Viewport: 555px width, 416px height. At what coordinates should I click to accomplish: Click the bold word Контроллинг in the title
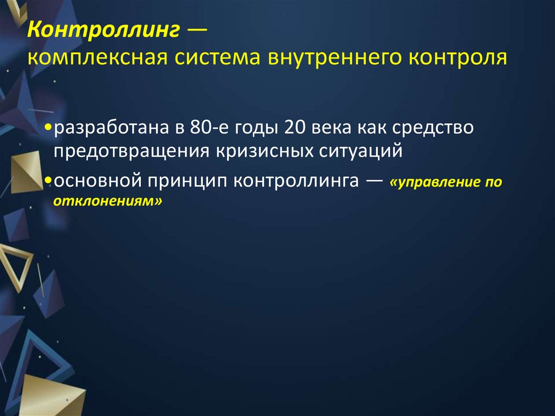pos(104,31)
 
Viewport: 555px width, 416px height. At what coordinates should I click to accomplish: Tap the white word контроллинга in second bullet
pos(296,181)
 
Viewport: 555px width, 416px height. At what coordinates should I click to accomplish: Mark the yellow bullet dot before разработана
pos(49,129)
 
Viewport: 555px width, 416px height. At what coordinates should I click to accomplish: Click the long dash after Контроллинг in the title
pos(197,31)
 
